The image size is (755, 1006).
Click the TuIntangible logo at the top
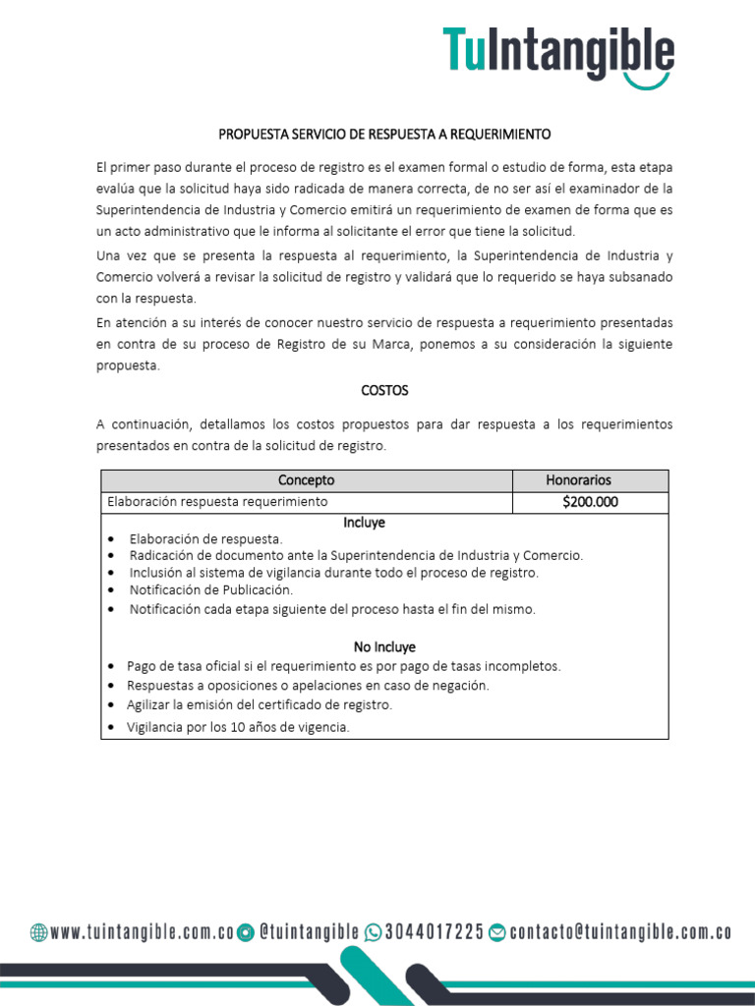coord(557,54)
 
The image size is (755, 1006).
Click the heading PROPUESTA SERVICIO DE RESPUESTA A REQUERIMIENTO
coord(384,133)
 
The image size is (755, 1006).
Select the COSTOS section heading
coord(384,390)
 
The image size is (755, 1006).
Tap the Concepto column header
coord(306,480)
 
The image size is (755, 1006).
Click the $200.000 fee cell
coord(590,502)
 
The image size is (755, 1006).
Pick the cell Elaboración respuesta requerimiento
coord(217,502)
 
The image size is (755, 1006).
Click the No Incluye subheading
coord(384,646)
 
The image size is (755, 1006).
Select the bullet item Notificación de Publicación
coord(211,590)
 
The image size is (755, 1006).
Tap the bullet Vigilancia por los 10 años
coord(238,727)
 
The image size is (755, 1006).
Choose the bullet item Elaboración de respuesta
coord(205,538)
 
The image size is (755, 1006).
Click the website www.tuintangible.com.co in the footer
coord(142,932)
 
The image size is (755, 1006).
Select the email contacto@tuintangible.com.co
coord(620,932)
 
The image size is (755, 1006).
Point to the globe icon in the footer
coord(38,932)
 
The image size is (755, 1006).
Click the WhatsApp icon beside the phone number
coord(373,932)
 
